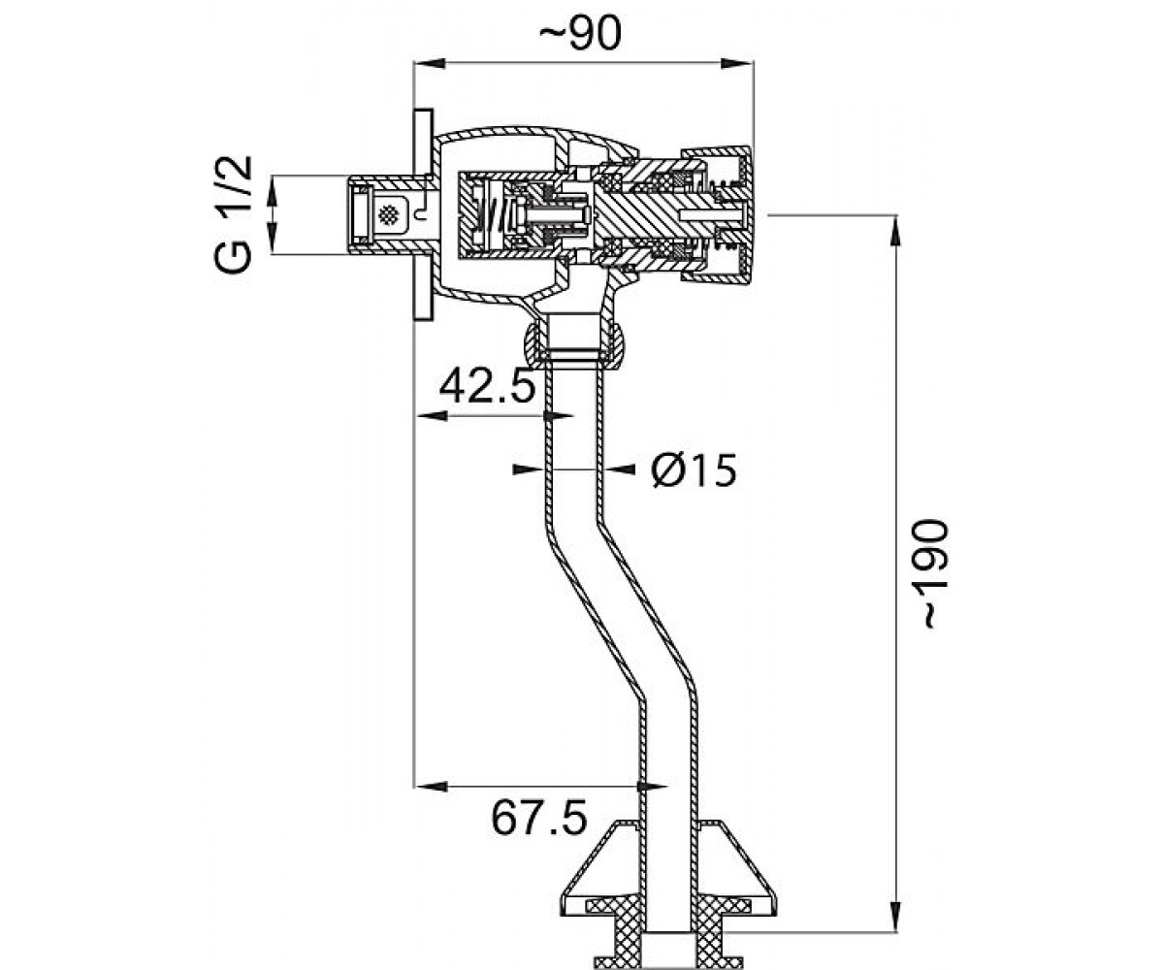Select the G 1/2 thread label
click(233, 214)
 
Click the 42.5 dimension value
click(487, 386)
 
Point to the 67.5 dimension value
click(539, 818)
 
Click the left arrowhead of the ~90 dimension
click(430, 64)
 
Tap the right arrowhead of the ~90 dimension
click(737, 64)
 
